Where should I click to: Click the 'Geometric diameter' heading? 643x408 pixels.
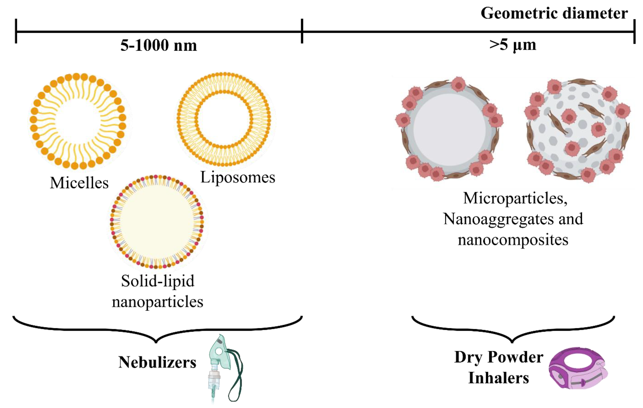pyautogui.click(x=554, y=13)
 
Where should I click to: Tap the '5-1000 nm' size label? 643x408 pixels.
pyautogui.click(x=159, y=45)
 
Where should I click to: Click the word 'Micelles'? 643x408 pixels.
pyautogui.click(x=79, y=183)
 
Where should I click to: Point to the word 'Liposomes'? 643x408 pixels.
pyautogui.click(x=238, y=177)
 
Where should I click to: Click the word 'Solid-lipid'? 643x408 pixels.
pyautogui.click(x=158, y=281)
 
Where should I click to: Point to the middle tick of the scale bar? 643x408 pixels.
pyautogui.click(x=302, y=31)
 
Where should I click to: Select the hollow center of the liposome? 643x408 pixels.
pyautogui.click(x=224, y=119)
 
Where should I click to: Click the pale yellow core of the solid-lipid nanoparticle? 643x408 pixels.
pyautogui.click(x=157, y=222)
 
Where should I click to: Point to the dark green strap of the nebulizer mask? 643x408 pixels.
pyautogui.click(x=238, y=379)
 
